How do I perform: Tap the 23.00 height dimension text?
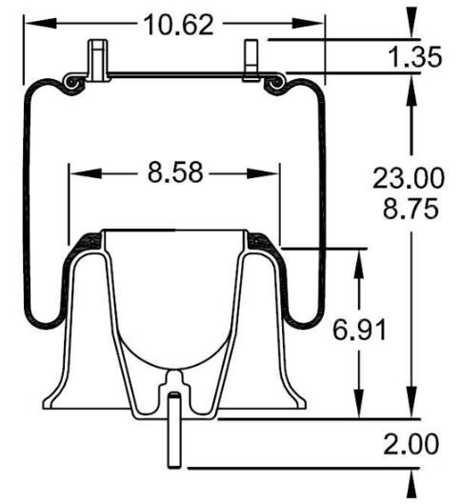click(407, 178)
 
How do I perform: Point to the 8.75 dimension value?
click(407, 209)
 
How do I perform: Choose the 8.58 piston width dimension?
click(174, 174)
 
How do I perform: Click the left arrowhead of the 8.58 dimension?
click(76, 174)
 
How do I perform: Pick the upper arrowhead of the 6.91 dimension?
click(359, 255)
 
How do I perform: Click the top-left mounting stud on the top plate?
click(97, 56)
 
